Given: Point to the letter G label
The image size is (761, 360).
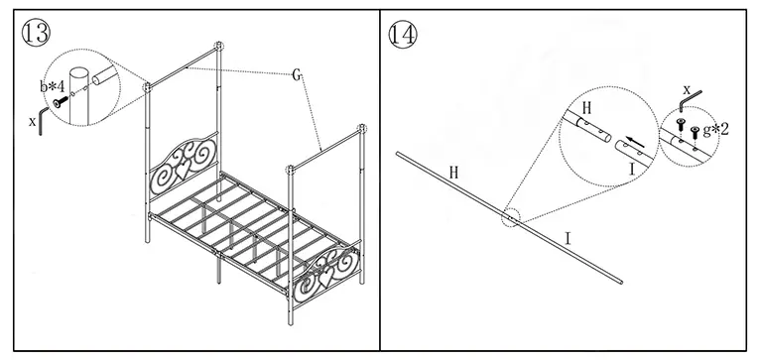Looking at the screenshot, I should pyautogui.click(x=297, y=74).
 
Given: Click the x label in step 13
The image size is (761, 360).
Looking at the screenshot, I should pyautogui.click(x=32, y=121).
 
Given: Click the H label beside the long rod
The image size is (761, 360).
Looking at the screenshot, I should pyautogui.click(x=453, y=172).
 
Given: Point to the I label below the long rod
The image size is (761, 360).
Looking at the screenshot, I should pyautogui.click(x=567, y=238).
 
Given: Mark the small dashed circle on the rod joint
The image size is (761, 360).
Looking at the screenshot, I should pyautogui.click(x=510, y=217).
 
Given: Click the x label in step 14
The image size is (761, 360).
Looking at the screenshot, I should pyautogui.click(x=685, y=88).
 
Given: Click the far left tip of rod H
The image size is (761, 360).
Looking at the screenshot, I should pyautogui.click(x=398, y=154).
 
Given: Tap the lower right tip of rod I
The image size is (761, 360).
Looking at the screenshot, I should pyautogui.click(x=621, y=281).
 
